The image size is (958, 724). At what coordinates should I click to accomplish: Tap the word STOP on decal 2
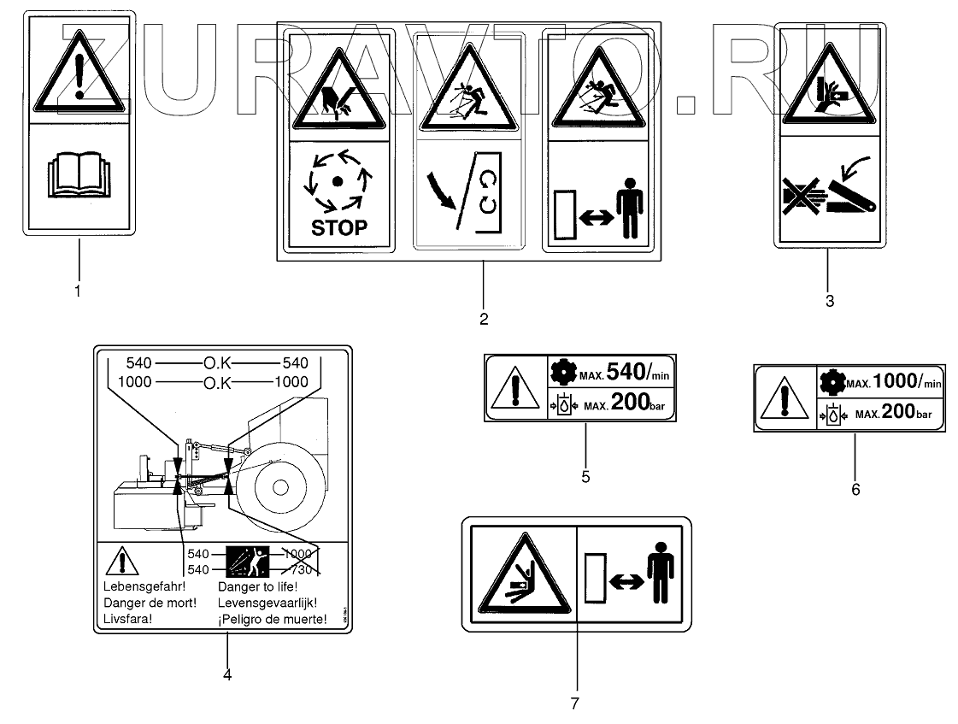pos(340,227)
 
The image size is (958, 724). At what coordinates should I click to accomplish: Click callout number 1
pos(78,291)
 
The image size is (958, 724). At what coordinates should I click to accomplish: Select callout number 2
pos(484,320)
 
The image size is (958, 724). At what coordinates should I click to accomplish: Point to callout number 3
pos(829,301)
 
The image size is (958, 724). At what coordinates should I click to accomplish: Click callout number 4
pos(226,674)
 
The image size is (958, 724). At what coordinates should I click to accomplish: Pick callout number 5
pos(585,477)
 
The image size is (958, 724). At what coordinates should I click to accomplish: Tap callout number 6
pos(855,489)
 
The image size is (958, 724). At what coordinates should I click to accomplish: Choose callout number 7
pos(574,703)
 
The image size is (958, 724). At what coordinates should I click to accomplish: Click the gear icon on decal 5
pos(559,373)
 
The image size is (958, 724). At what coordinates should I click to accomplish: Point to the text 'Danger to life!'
pos(257,587)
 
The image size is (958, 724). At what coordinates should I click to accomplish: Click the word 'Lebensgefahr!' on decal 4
pos(144,587)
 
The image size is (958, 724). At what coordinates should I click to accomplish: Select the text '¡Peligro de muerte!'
pos(272,619)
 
